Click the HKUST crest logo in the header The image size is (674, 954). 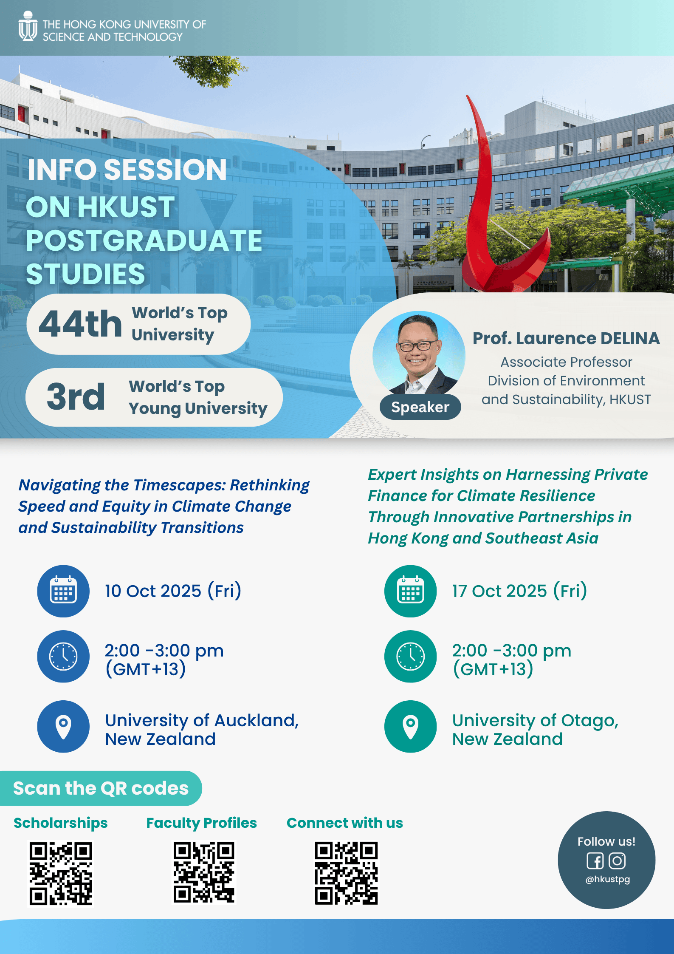click(28, 26)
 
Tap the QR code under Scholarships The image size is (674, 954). click(61, 873)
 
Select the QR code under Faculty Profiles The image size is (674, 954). click(204, 872)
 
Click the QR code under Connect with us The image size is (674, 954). click(346, 873)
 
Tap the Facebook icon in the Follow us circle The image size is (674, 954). click(595, 861)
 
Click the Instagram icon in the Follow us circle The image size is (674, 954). click(617, 861)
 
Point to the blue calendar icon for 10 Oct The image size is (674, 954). click(63, 591)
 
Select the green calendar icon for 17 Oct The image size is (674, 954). click(410, 591)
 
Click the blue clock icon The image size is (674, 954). click(63, 657)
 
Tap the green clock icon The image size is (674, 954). click(410, 657)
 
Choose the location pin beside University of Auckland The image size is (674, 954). click(63, 727)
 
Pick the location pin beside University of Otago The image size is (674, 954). click(410, 727)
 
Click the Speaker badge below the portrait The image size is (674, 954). click(420, 407)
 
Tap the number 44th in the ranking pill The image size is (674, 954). click(80, 324)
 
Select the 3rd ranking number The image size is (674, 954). click(76, 396)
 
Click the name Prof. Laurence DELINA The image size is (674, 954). click(566, 338)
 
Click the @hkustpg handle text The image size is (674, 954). click(608, 879)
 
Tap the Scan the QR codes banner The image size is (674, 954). click(101, 788)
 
